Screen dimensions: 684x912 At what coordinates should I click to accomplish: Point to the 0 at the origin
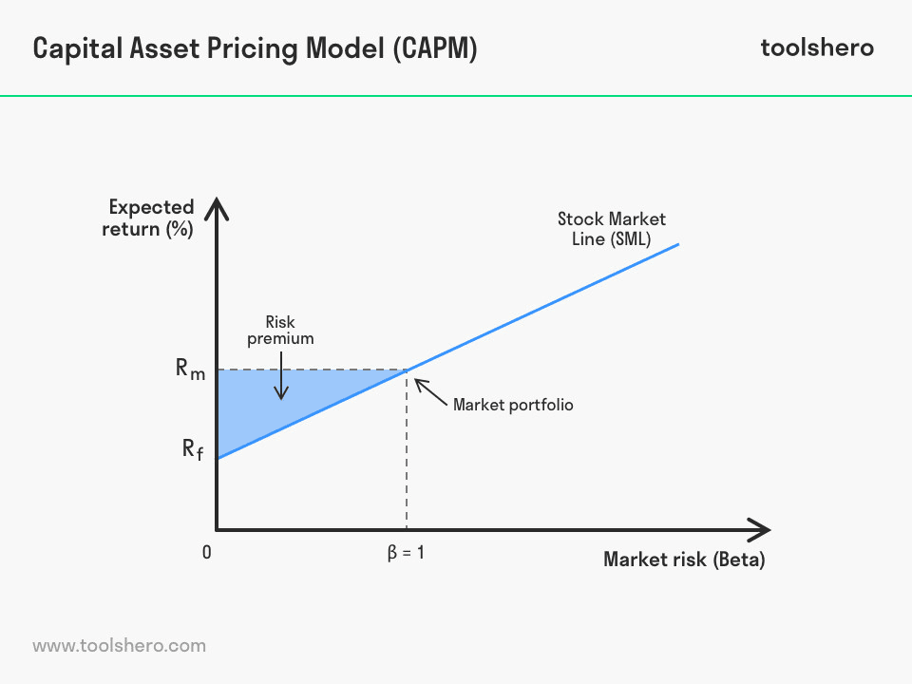pyautogui.click(x=206, y=552)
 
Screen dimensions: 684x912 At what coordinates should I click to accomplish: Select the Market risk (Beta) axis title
pyautogui.click(x=684, y=560)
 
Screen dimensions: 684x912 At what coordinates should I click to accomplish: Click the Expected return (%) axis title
pyautogui.click(x=150, y=218)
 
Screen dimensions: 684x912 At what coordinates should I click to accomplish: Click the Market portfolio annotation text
pyautogui.click(x=513, y=405)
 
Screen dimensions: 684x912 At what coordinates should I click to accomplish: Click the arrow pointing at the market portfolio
pyautogui.click(x=429, y=391)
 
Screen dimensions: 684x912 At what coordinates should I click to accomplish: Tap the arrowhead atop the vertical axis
pyautogui.click(x=217, y=206)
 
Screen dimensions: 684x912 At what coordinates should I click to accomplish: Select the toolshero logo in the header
pyautogui.click(x=817, y=48)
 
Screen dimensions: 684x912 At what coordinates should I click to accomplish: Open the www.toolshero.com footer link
pyautogui.click(x=119, y=646)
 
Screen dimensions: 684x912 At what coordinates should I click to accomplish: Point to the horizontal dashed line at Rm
pyautogui.click(x=313, y=369)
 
